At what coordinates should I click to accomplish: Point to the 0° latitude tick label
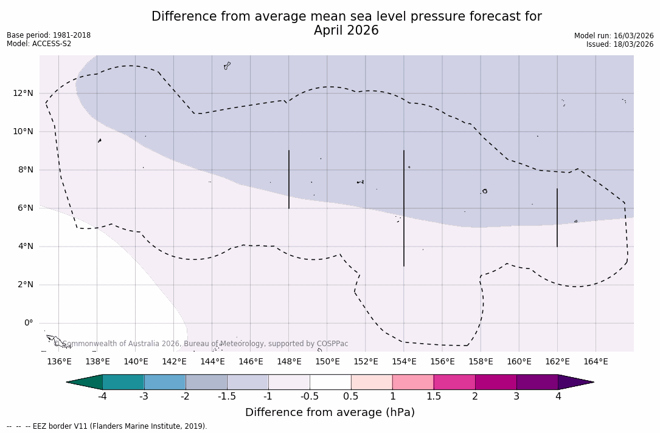pyautogui.click(x=28, y=323)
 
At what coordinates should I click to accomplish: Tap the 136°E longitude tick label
pyautogui.click(x=59, y=362)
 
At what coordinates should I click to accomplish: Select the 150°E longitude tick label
pyautogui.click(x=327, y=362)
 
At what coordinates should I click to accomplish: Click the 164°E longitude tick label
pyautogui.click(x=596, y=362)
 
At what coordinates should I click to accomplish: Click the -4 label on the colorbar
pyautogui.click(x=103, y=397)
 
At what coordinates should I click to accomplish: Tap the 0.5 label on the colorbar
pyautogui.click(x=351, y=397)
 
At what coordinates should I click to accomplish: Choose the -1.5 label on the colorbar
pyautogui.click(x=227, y=397)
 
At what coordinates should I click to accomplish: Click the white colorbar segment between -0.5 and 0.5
pyautogui.click(x=330, y=382)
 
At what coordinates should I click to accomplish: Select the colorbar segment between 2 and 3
pyautogui.click(x=496, y=382)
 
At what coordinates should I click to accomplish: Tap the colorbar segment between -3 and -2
pyautogui.click(x=165, y=382)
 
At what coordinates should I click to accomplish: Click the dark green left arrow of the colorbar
pyautogui.click(x=85, y=382)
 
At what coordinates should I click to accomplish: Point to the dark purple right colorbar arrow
pyautogui.click(x=575, y=382)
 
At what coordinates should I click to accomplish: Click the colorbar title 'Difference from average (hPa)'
pyautogui.click(x=330, y=413)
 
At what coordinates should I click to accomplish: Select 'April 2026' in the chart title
pyautogui.click(x=346, y=30)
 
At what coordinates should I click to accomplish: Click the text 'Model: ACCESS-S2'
pyautogui.click(x=39, y=44)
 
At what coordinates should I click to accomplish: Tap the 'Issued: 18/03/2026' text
pyautogui.click(x=620, y=44)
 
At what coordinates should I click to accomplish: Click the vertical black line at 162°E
pyautogui.click(x=557, y=217)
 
